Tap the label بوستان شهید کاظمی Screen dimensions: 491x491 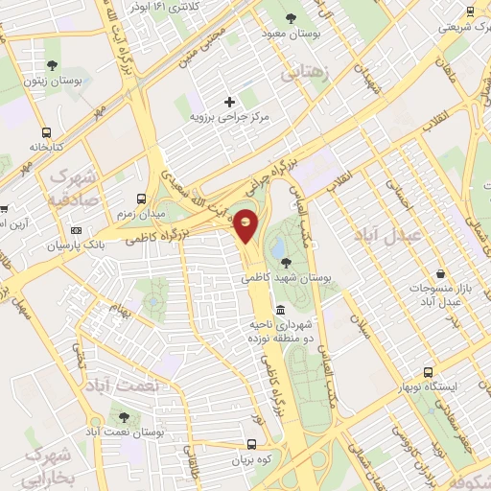tap(286, 277)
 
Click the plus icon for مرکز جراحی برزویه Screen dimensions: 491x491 tap(229, 102)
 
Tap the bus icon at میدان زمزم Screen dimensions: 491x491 tap(141, 197)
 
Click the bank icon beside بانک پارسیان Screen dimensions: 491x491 tap(77, 230)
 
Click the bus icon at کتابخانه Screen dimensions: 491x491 tap(46, 133)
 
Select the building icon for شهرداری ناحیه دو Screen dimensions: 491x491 tap(280, 309)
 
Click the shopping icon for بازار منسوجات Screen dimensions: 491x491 tap(440, 275)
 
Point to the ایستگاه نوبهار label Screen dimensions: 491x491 tap(429, 387)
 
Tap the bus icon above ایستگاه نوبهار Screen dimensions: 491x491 tap(428, 372)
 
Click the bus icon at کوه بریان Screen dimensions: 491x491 tap(251, 445)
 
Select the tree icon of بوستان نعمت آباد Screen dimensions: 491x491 tap(124, 417)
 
